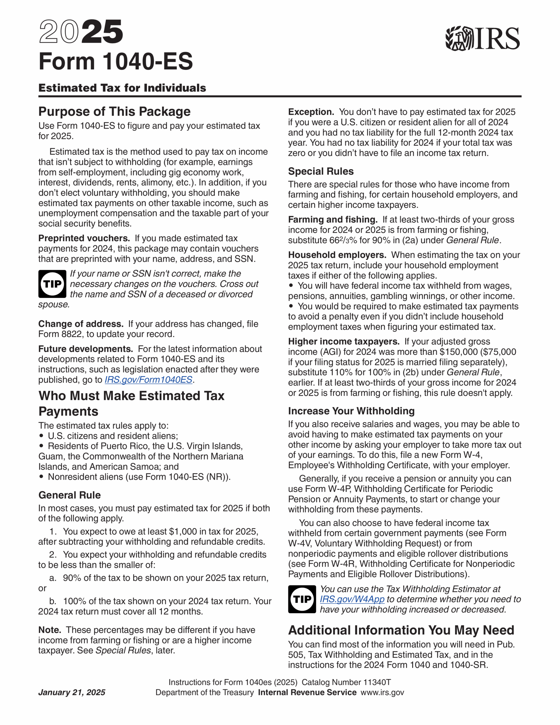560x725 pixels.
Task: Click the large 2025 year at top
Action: click(x=81, y=32)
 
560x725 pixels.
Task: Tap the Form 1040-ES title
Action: click(x=116, y=61)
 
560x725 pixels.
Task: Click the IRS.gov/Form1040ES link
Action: click(x=148, y=380)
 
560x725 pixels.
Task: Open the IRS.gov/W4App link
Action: click(x=352, y=599)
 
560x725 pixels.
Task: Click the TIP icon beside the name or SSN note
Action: click(x=52, y=284)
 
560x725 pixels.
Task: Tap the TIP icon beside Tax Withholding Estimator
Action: click(x=302, y=599)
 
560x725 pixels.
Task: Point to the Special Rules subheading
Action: click(x=321, y=171)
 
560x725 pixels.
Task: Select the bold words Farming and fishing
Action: click(x=332, y=220)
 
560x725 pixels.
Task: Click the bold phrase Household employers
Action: click(x=337, y=255)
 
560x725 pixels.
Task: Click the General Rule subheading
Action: click(x=69, y=495)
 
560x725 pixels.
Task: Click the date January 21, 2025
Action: click(x=72, y=692)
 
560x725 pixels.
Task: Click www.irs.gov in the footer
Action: click(x=382, y=692)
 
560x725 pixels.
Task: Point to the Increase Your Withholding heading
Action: click(x=351, y=411)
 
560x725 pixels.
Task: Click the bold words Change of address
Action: click(x=81, y=324)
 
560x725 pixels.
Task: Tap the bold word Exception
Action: click(x=311, y=112)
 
